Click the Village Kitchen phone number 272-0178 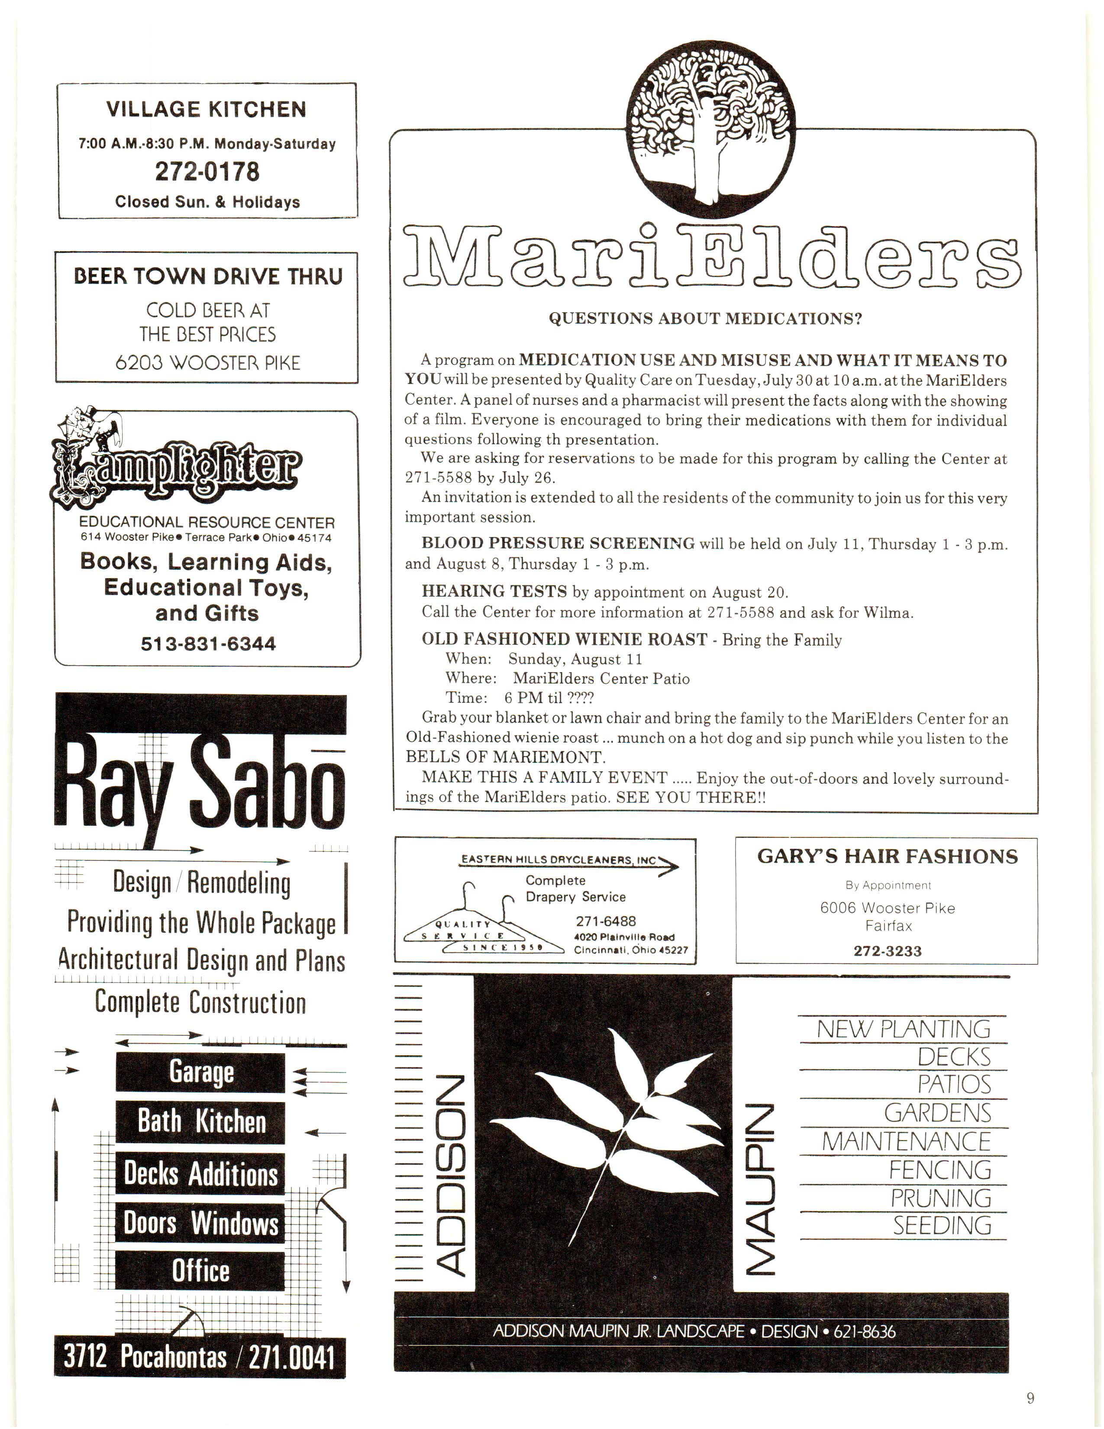[x=207, y=171]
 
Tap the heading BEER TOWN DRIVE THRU [x=207, y=277]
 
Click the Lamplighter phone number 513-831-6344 [x=208, y=644]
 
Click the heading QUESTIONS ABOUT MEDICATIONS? [x=705, y=319]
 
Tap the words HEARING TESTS [x=494, y=592]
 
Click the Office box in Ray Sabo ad [x=201, y=1271]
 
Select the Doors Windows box [x=201, y=1222]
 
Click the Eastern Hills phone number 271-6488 [x=606, y=921]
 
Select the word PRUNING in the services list [x=940, y=1198]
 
